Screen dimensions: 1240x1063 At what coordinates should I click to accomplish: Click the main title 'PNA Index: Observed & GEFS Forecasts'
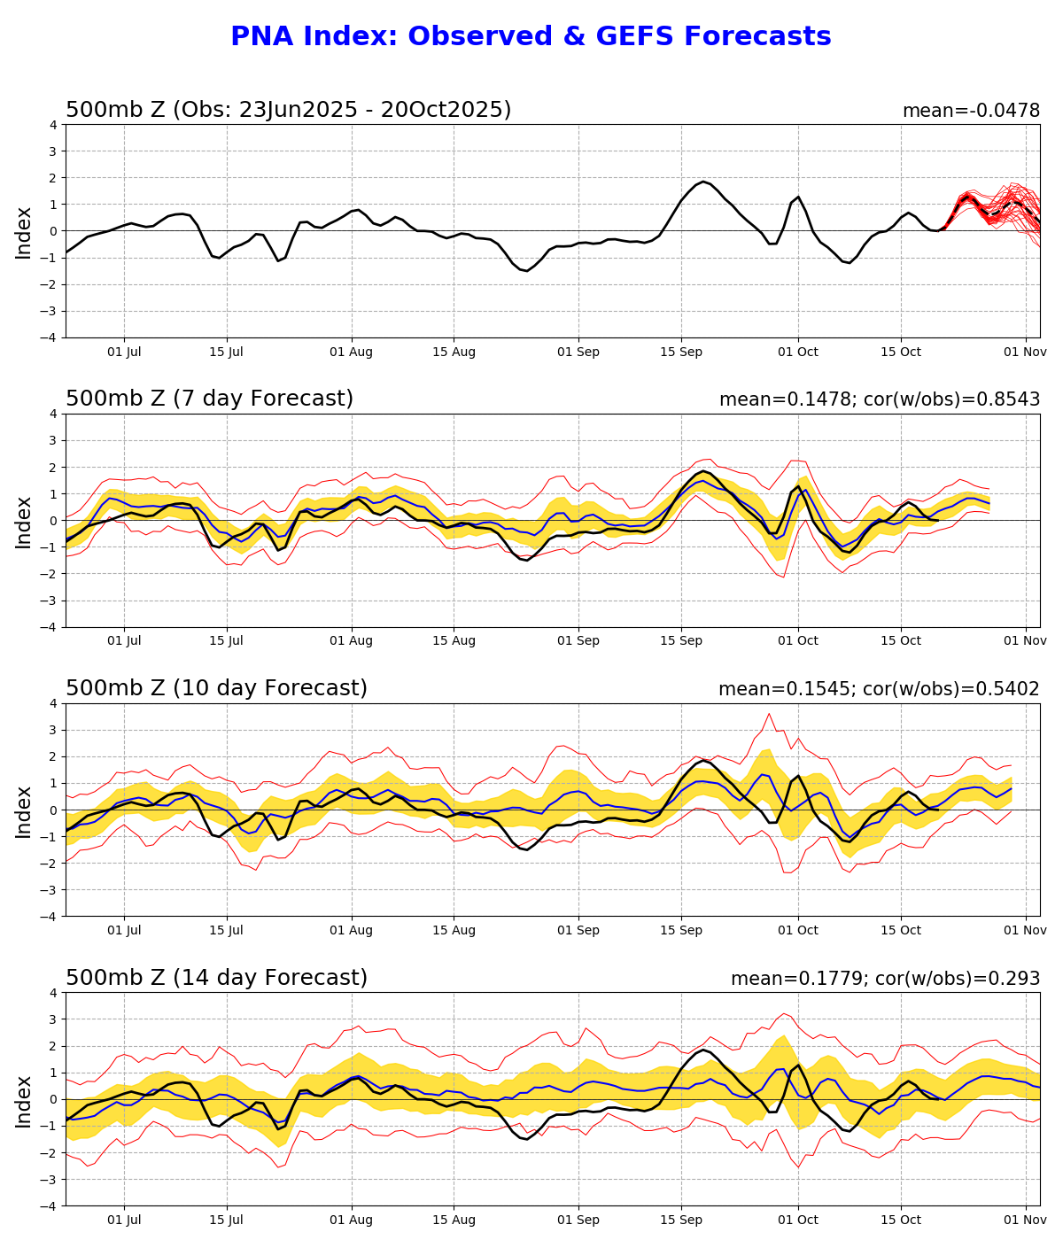coord(531,37)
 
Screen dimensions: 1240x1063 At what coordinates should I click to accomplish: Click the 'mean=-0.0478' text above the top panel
coord(971,111)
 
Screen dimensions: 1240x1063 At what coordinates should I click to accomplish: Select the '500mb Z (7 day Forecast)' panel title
coord(209,399)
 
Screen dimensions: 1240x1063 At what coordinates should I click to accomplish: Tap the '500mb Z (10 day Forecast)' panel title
coord(216,689)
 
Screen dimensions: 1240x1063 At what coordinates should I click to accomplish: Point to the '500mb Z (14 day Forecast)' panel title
coord(216,979)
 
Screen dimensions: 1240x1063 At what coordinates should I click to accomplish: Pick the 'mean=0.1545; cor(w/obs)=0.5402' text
coord(879,689)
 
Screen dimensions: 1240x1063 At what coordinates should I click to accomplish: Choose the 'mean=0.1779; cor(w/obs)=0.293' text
coord(885,979)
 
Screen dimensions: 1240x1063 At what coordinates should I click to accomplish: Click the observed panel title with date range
coord(288,110)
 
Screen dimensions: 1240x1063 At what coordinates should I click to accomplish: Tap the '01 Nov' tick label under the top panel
coord(1026,352)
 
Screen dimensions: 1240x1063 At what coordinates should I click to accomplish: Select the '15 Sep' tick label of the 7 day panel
coord(681,641)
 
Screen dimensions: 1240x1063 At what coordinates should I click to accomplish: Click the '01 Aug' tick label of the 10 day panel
coord(351,931)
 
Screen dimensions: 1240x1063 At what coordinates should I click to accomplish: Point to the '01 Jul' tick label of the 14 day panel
coord(124,1221)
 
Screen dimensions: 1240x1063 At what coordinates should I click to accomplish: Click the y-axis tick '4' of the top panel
coord(53,125)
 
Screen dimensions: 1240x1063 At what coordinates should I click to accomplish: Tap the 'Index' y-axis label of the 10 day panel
coord(24,810)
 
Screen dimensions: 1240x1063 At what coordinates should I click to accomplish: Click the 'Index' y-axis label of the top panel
coord(24,232)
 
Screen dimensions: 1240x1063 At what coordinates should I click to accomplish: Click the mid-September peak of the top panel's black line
coord(703,182)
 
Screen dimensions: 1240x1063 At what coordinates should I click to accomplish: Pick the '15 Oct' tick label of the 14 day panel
coord(900,1221)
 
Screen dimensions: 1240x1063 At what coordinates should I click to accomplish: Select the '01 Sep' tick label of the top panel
coord(578,352)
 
